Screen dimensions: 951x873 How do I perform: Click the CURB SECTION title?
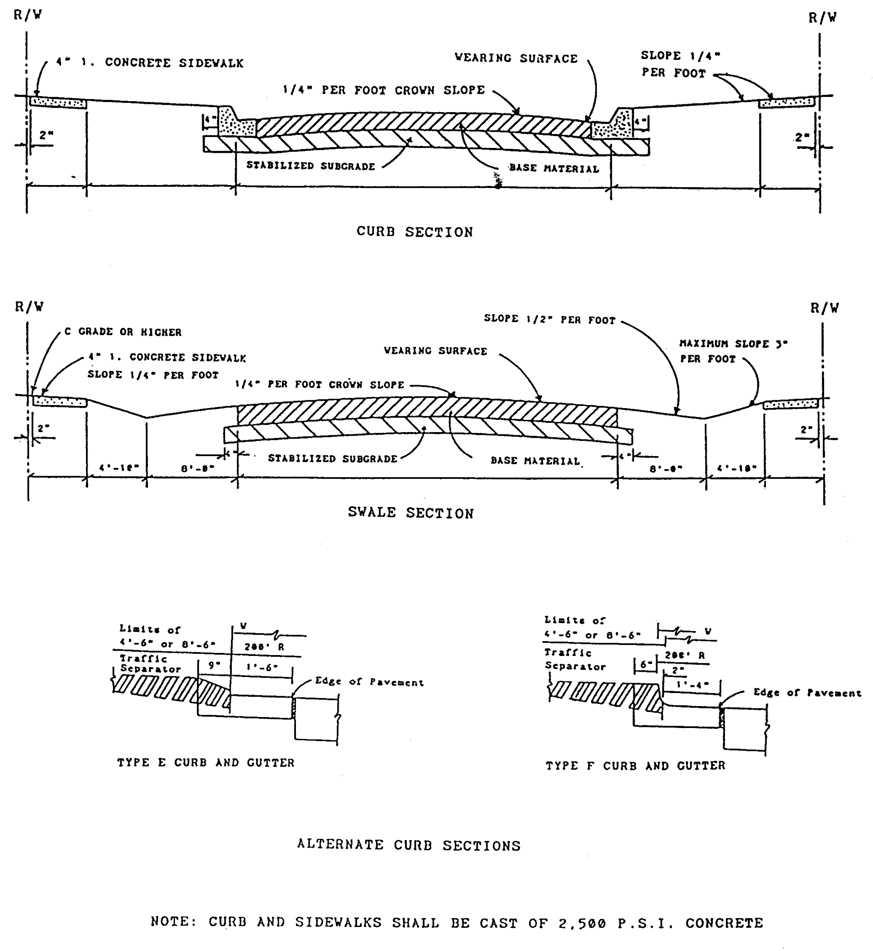click(414, 232)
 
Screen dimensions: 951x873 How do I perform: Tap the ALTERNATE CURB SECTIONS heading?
click(409, 845)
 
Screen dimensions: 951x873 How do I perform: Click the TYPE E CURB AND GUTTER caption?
click(206, 762)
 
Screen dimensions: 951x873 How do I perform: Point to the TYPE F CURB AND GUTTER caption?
click(635, 766)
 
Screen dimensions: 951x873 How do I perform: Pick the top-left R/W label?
click(27, 15)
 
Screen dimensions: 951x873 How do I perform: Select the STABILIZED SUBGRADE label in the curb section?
click(310, 166)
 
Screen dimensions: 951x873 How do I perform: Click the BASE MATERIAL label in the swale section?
click(535, 460)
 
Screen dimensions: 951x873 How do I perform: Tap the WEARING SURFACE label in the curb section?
click(516, 58)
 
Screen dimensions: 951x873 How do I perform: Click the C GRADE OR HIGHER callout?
click(123, 332)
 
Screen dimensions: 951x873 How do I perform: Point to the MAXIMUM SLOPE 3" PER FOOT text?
click(733, 351)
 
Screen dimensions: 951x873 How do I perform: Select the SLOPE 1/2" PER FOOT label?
click(550, 319)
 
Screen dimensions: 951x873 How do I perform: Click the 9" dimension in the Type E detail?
click(214, 665)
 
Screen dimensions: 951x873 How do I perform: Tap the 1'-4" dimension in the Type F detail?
click(692, 684)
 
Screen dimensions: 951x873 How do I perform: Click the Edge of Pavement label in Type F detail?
click(807, 693)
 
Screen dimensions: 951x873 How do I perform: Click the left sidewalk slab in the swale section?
click(59, 402)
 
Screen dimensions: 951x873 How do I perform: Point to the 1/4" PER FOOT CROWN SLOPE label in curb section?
click(384, 90)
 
